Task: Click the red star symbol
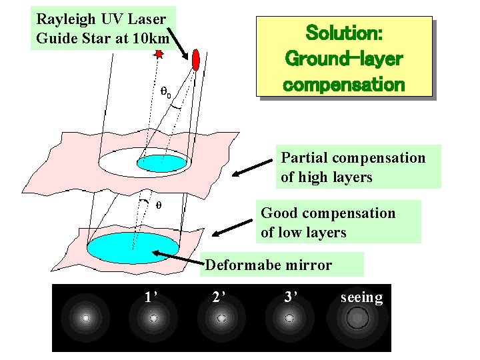159,54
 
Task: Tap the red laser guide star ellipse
196,59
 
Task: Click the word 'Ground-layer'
344,59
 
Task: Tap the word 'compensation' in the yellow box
344,85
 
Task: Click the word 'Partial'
304,158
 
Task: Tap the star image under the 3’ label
289,319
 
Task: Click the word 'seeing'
361,297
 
